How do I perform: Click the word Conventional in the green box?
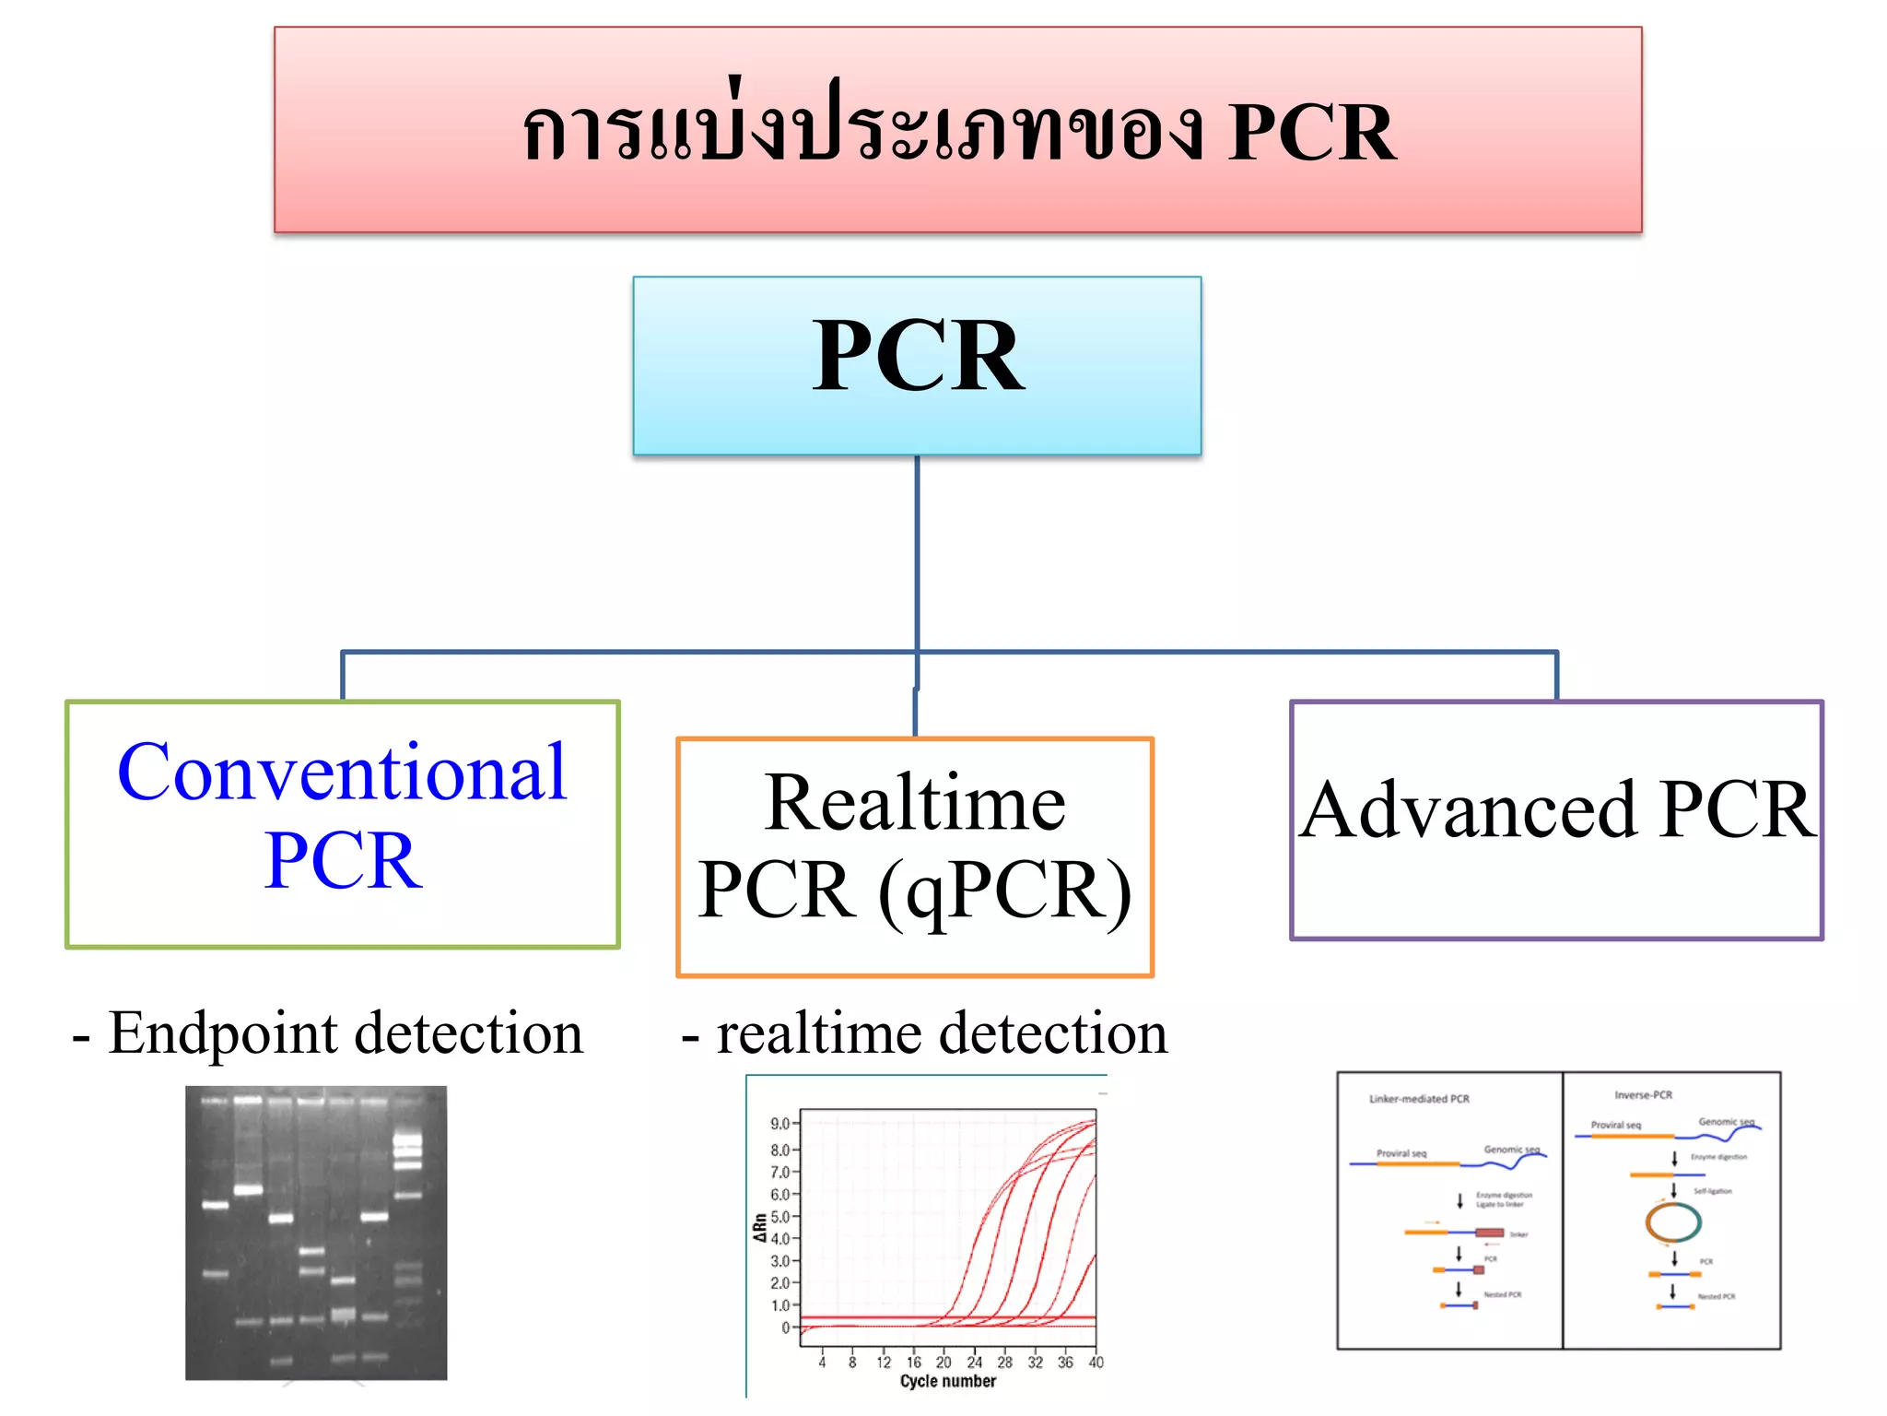(x=342, y=773)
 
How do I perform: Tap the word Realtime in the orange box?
(x=914, y=804)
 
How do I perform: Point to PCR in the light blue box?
(x=917, y=357)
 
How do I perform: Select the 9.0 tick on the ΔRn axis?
(x=779, y=1124)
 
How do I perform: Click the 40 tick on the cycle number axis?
(x=1096, y=1362)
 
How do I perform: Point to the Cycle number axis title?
(x=947, y=1381)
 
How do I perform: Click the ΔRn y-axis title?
(x=759, y=1227)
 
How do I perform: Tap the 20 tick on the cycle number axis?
(x=943, y=1362)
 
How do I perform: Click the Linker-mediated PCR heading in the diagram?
(x=1419, y=1099)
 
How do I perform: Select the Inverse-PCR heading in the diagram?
(x=1643, y=1095)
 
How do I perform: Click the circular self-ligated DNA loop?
(x=1673, y=1222)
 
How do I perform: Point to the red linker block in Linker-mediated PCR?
(x=1489, y=1233)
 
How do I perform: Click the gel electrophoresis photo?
(x=316, y=1233)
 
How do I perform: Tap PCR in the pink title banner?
(x=1312, y=133)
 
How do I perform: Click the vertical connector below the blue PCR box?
(x=917, y=553)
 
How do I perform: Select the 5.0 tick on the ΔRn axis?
(x=779, y=1217)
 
